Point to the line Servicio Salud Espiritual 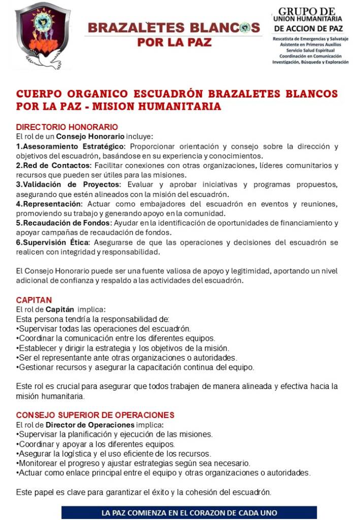click(x=310, y=51)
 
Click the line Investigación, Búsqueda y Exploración click(x=310, y=62)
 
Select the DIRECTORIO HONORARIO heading click(x=67, y=126)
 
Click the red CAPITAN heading click(x=34, y=300)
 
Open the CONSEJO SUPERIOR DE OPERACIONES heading click(x=95, y=414)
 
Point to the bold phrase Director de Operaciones click(x=90, y=424)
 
